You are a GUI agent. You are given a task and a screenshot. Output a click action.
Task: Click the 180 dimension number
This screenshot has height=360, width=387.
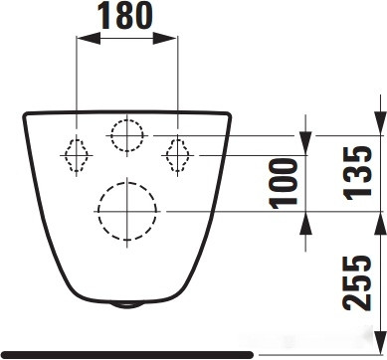(126, 16)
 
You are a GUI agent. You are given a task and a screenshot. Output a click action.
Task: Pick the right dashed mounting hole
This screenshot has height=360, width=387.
(177, 154)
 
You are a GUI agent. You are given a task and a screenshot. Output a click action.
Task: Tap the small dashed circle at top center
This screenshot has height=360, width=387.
(127, 133)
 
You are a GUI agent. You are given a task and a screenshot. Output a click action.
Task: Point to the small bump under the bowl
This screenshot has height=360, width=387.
(127, 303)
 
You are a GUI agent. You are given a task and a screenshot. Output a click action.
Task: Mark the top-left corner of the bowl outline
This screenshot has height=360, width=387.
(25, 114)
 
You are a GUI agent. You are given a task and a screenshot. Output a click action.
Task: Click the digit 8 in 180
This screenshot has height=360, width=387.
(126, 16)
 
